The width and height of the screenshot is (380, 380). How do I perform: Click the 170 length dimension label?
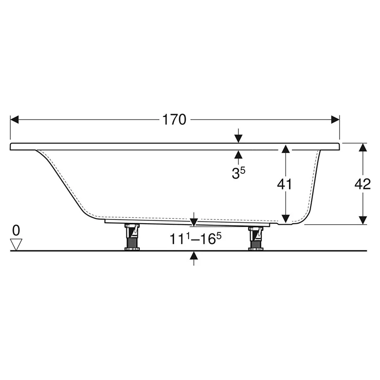174,120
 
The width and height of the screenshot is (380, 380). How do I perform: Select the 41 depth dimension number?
285,184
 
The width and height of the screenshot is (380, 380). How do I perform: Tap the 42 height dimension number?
362,184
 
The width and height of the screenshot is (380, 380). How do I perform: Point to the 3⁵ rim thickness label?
238,173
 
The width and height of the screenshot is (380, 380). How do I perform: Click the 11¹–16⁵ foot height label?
195,239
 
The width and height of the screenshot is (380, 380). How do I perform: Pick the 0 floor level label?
16,230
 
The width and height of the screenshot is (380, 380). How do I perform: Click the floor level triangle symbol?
16,245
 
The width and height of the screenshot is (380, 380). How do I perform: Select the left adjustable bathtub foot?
132,237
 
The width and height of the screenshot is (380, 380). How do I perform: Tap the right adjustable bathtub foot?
256,238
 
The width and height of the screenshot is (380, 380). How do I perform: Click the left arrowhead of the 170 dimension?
14,120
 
